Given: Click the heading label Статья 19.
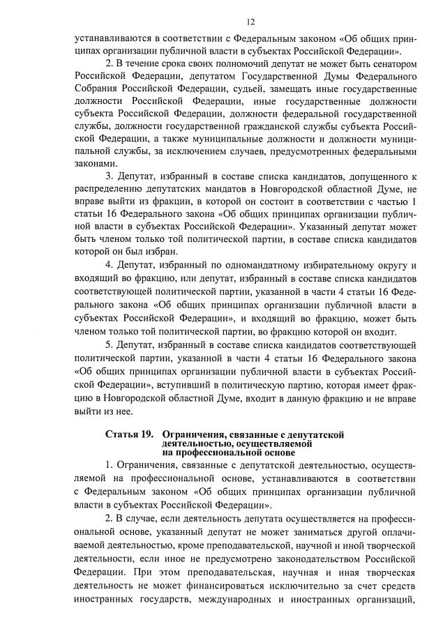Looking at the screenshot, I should [128, 434].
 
